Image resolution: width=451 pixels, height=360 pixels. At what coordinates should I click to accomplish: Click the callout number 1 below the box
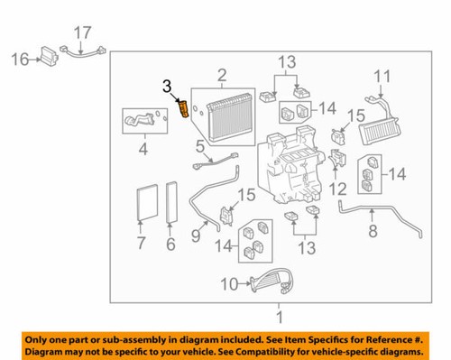coord(280,318)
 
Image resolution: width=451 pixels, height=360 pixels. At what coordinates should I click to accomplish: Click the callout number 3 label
coord(166,86)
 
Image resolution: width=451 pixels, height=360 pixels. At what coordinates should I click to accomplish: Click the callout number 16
coord(20,60)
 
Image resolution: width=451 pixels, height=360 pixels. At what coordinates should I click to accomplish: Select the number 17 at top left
coord(82,34)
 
